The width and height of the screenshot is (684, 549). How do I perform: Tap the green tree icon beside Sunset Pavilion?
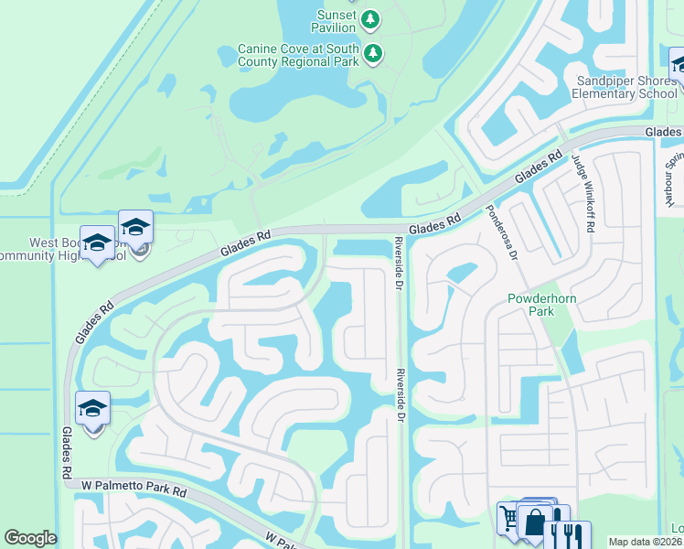[x=370, y=18]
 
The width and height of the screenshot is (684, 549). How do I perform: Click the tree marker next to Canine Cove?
[x=373, y=53]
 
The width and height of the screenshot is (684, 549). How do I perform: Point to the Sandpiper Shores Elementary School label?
[x=625, y=87]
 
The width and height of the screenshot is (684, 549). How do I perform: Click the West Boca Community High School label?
[x=64, y=249]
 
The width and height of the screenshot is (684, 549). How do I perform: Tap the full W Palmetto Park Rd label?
[x=134, y=483]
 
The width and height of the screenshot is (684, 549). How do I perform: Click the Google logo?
[x=31, y=538]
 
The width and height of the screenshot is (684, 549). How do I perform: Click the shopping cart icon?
[x=509, y=519]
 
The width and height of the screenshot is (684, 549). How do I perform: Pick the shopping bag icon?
[x=534, y=522]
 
